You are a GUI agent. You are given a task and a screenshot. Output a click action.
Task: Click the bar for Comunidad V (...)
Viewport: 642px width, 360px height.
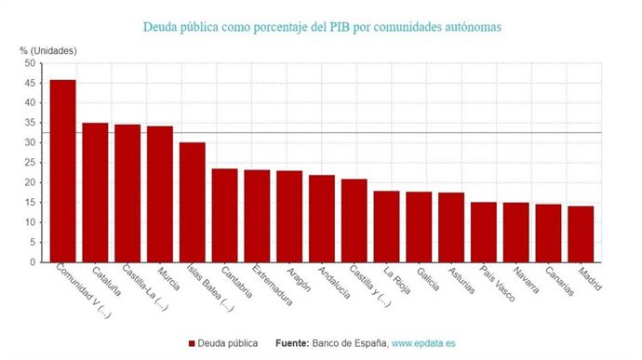[62, 171]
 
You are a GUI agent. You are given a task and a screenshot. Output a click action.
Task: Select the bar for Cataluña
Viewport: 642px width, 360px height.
[95, 193]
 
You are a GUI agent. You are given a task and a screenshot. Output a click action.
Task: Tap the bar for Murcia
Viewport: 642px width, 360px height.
[159, 194]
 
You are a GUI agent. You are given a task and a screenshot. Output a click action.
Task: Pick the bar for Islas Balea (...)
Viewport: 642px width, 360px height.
[192, 202]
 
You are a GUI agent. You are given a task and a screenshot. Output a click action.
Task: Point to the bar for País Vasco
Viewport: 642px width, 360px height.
[483, 232]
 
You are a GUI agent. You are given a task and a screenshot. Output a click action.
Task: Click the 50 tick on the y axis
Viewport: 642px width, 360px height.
[30, 63]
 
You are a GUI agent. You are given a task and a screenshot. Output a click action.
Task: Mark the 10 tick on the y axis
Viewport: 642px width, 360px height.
[30, 222]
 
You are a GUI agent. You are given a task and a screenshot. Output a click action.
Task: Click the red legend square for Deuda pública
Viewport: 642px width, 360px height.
[192, 343]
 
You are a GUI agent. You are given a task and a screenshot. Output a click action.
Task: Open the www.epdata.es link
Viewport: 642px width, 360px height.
[423, 343]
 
